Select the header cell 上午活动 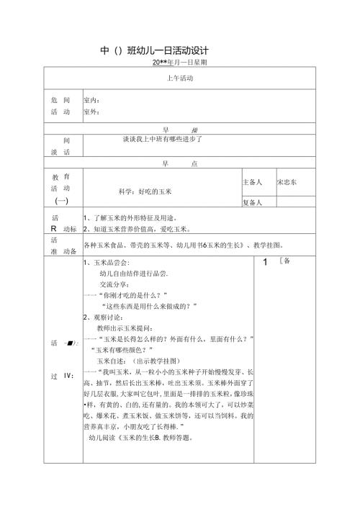[181, 78]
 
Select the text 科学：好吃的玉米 [144, 192]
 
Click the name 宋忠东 [290, 183]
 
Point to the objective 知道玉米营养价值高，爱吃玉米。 [137, 230]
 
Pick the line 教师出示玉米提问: [132, 328]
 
